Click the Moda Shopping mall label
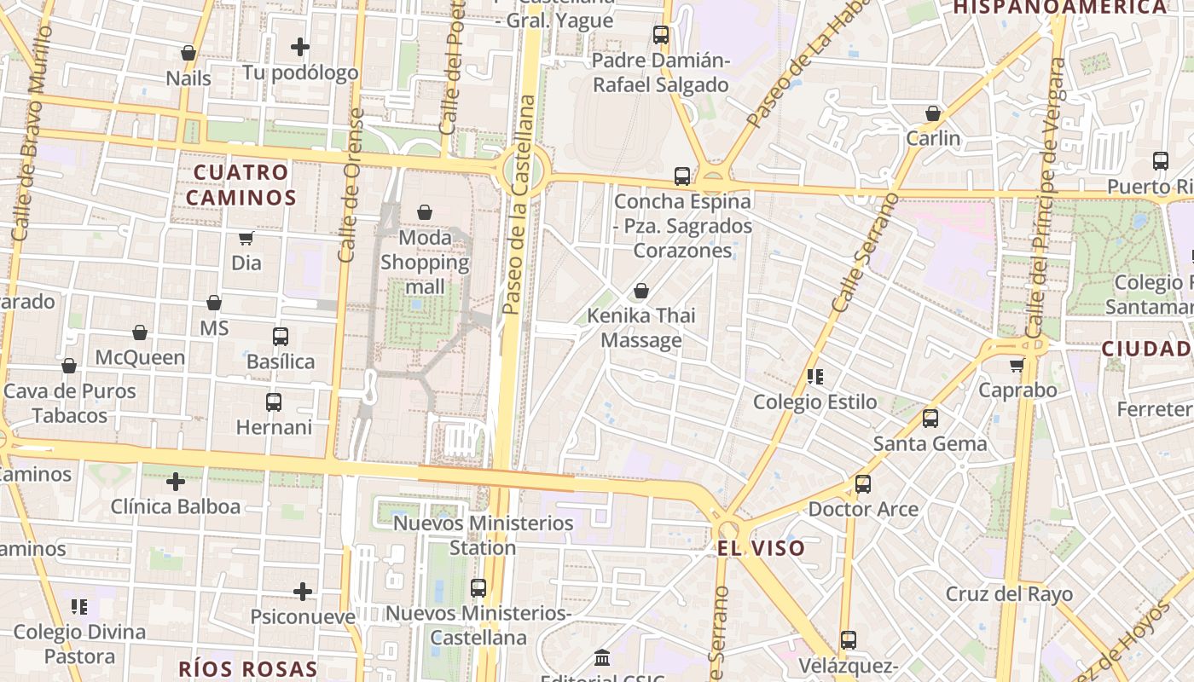(x=425, y=262)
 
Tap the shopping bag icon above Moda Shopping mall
(x=425, y=212)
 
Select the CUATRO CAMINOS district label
(x=241, y=185)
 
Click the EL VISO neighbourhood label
(x=761, y=548)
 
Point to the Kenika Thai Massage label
(x=641, y=328)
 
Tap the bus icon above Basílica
(x=281, y=337)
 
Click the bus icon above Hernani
(x=274, y=402)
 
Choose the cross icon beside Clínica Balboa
(x=176, y=482)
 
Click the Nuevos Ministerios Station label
(x=483, y=535)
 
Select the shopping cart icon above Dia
(x=246, y=238)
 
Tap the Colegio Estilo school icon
(x=815, y=376)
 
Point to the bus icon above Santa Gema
(x=930, y=419)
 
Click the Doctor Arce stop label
(x=863, y=509)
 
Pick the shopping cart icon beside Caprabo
(x=1017, y=366)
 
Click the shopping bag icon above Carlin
(x=933, y=113)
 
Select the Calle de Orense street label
(x=351, y=185)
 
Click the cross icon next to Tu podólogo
(x=300, y=47)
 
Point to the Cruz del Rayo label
(x=1009, y=593)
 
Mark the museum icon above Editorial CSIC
(x=603, y=658)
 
